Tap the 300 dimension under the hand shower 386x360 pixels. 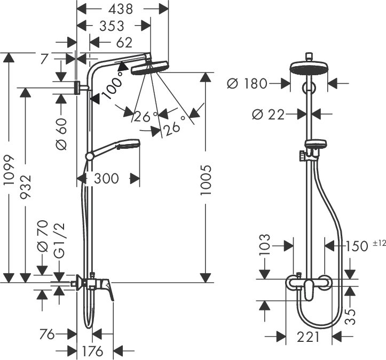[106, 179]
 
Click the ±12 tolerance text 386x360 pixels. [379, 243]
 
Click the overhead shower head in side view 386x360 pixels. [149, 68]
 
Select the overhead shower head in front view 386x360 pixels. [309, 68]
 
